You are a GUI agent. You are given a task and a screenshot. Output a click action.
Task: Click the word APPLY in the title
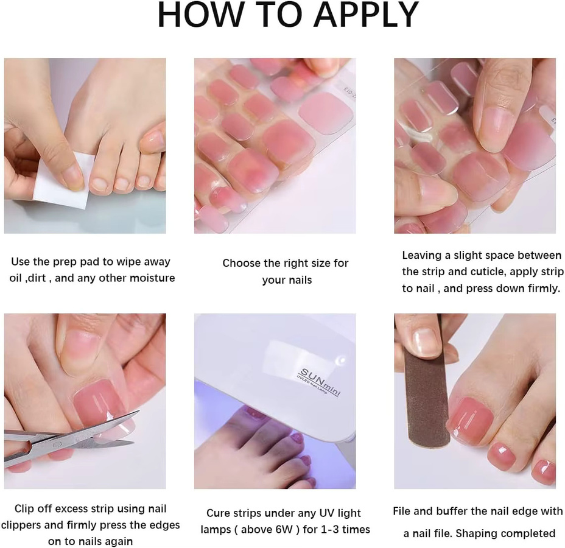click(x=366, y=15)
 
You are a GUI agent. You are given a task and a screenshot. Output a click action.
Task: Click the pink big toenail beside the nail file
click(x=470, y=417)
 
